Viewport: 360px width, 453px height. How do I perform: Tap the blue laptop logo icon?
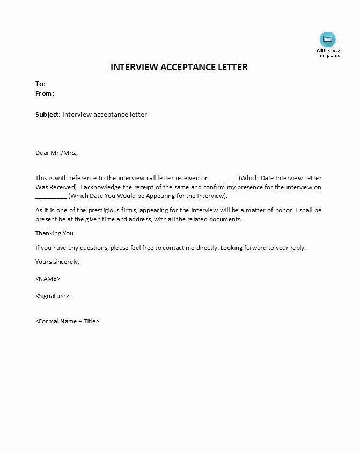click(x=327, y=39)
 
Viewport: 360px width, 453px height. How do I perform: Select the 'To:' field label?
click(x=40, y=84)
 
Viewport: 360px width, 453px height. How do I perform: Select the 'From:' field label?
click(x=45, y=94)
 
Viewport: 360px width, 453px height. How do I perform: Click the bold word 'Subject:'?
click(x=48, y=114)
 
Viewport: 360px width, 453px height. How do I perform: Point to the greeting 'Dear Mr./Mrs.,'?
click(x=56, y=153)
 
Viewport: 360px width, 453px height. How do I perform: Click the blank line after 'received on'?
click(x=224, y=177)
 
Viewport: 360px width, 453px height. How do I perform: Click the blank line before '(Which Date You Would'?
click(x=51, y=197)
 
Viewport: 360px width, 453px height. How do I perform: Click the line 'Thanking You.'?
click(x=55, y=233)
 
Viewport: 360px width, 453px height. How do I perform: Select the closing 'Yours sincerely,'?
click(x=57, y=262)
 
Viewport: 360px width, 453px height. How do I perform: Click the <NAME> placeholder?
click(x=48, y=279)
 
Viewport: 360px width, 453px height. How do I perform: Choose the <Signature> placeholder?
click(x=52, y=296)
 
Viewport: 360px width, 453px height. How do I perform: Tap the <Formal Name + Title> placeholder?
click(x=68, y=321)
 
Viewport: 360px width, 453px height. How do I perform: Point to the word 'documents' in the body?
click(x=227, y=219)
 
